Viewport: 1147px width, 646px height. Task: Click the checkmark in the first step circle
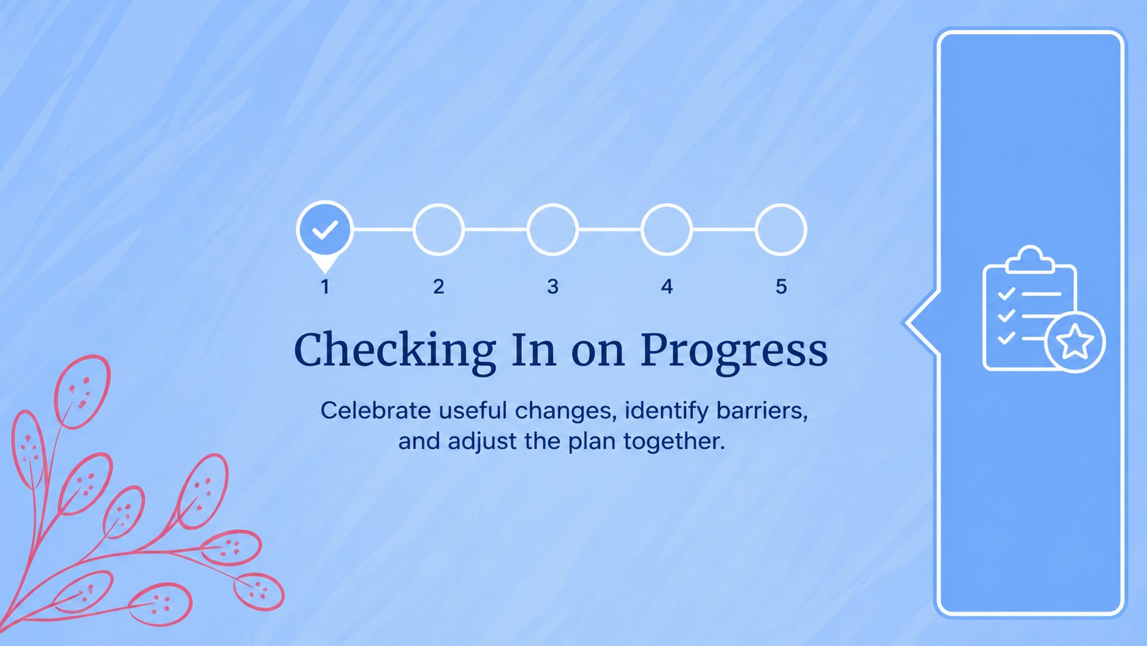point(324,229)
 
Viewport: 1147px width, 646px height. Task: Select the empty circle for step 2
point(438,205)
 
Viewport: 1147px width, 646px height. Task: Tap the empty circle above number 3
point(552,205)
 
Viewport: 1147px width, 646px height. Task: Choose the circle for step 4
point(666,205)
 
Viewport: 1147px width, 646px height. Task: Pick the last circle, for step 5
point(781,205)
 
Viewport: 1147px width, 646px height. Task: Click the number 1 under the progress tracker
point(324,286)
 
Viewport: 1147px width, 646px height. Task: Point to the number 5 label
point(781,286)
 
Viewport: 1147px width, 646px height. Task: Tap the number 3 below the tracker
point(552,286)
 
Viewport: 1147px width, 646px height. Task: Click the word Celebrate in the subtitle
point(375,411)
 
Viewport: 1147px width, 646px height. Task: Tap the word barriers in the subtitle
point(762,411)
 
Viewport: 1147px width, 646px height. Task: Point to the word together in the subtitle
point(674,441)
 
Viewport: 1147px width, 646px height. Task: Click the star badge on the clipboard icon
point(1074,342)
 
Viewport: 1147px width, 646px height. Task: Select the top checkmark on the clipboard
point(1006,294)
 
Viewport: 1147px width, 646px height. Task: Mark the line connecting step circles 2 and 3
point(496,229)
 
